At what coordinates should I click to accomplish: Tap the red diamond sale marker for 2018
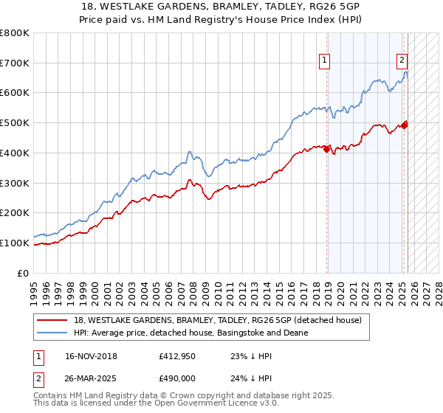327,150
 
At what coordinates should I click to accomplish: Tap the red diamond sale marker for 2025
405,125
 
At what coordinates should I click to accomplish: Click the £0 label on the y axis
23,273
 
